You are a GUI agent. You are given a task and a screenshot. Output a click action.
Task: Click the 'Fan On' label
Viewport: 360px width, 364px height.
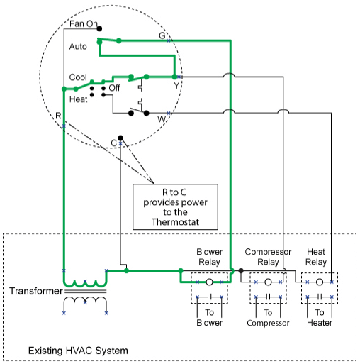[84, 23]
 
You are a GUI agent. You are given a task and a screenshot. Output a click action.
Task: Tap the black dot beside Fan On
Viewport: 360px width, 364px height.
[99, 28]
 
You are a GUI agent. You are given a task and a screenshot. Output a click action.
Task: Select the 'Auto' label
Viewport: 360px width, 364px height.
[78, 46]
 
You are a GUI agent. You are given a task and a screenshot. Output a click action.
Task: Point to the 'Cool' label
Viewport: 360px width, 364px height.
[78, 77]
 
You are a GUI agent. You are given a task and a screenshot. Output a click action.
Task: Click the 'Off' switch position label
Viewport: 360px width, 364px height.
[114, 88]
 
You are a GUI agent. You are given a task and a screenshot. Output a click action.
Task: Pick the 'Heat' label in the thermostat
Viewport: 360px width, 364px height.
[78, 99]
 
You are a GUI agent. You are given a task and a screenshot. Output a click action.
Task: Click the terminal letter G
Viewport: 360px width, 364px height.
[162, 35]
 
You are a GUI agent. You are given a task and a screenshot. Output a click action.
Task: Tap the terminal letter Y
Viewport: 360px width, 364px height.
[176, 86]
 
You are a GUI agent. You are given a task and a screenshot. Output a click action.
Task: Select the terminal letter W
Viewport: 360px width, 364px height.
[162, 119]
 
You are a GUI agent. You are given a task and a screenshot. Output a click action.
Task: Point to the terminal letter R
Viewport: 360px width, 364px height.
[58, 116]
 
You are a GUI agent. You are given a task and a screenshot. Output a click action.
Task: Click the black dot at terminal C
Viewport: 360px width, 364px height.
[120, 138]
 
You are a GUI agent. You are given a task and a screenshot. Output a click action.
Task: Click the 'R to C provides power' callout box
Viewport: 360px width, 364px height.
[175, 206]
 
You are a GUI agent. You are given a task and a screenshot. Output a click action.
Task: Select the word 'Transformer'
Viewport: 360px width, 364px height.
[36, 291]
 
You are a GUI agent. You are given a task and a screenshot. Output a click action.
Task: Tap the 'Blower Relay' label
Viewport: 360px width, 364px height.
[210, 257]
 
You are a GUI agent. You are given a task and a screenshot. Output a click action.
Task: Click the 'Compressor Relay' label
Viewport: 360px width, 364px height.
[268, 257]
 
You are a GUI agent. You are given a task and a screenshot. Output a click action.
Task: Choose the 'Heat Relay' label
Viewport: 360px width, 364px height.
[316, 257]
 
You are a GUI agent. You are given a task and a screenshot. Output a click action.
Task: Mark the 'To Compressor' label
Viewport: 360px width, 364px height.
[268, 318]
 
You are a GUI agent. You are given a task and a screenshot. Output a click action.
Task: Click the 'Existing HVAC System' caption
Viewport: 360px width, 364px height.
[78, 351]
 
